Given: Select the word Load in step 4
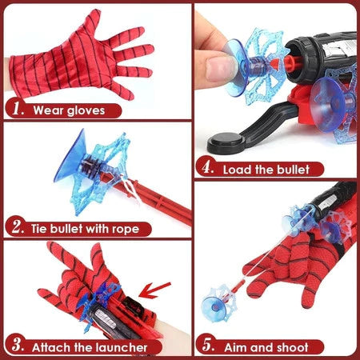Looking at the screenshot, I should tap(236, 170).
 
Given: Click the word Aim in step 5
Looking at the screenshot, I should tap(238, 347).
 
